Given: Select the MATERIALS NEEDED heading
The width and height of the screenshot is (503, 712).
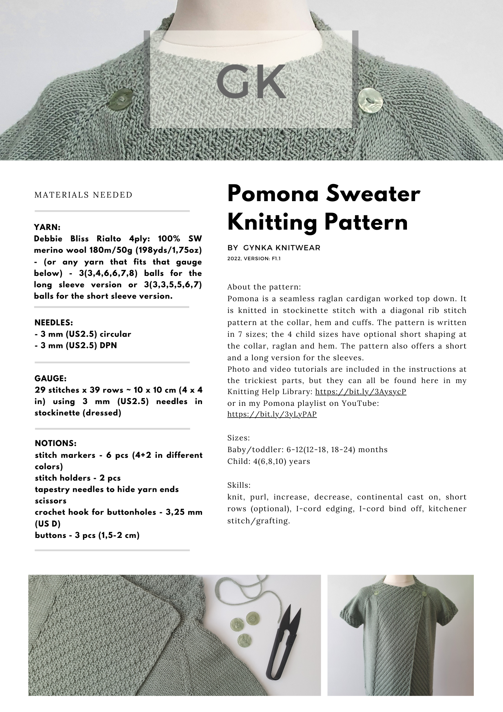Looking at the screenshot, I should pos(83,195).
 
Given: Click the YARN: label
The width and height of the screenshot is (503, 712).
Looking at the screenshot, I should pos(47,227).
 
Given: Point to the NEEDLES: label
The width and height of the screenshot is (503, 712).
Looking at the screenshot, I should pos(54,323).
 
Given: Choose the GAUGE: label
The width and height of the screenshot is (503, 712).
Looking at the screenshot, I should pos(51,378).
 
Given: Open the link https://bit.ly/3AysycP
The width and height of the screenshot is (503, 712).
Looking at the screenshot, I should pos(361,392).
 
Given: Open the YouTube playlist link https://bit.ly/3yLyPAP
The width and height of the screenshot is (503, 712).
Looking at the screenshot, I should pos(272,414).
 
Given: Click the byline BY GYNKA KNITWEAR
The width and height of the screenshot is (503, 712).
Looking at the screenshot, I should pos(274,248).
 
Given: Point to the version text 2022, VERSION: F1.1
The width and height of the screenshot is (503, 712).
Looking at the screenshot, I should pos(254,259).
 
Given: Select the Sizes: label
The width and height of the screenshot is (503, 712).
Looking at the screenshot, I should pos(239,438).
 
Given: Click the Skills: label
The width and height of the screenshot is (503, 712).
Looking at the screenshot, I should pos(239,485).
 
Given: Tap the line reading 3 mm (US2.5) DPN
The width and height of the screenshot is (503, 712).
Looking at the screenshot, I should pos(76,345).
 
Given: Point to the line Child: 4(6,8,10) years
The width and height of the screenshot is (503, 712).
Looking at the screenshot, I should pos(269,461).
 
